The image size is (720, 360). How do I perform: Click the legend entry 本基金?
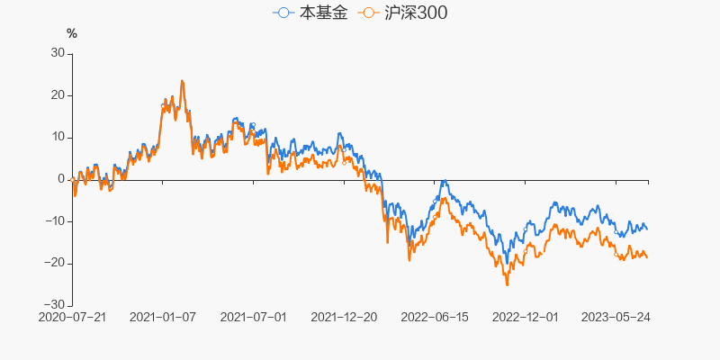[310, 13]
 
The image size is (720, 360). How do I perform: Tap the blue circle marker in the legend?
[283, 13]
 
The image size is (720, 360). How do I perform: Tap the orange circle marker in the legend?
[368, 13]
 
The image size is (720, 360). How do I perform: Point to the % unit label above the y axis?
[72, 34]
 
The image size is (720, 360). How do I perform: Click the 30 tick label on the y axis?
[57, 53]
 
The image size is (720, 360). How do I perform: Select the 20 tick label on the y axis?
[57, 95]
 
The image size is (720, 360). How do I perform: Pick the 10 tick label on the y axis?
[57, 137]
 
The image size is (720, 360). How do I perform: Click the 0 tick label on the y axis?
[60, 179]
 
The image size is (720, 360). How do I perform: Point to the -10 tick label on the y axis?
[55, 221]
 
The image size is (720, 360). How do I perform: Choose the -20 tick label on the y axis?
[55, 263]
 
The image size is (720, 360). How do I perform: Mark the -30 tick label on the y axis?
[55, 305]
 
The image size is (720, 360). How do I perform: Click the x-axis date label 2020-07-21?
[72, 318]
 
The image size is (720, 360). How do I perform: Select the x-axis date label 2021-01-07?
[163, 318]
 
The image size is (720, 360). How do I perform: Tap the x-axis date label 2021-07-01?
[254, 318]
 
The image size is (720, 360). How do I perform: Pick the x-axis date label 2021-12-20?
[344, 318]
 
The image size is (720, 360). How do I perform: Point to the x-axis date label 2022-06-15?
[435, 318]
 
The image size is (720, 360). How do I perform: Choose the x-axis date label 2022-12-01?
[526, 318]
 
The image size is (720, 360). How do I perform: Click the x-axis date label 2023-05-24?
[616, 318]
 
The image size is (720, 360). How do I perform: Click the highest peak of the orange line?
[182, 81]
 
